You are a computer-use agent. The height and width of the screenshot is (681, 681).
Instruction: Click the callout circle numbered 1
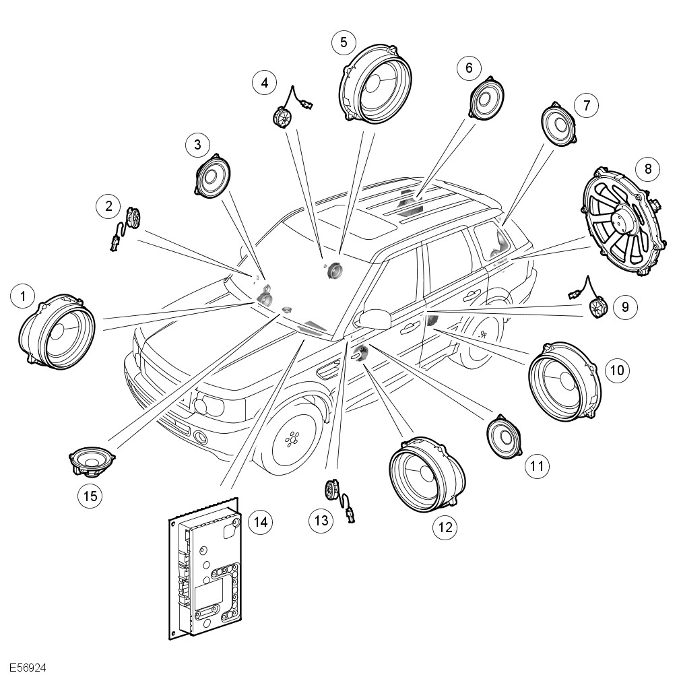(24, 296)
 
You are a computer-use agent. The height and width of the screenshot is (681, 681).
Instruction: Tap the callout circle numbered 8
(648, 168)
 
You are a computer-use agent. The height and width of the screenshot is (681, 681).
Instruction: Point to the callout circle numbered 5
(344, 42)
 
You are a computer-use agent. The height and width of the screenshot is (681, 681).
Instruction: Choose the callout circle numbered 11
(537, 465)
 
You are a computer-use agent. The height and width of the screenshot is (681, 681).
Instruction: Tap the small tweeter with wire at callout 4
(282, 117)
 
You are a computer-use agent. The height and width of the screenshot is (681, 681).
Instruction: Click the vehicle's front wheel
(293, 440)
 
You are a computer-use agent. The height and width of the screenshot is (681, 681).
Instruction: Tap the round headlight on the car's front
(201, 406)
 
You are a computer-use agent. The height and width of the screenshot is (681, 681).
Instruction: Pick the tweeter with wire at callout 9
(597, 308)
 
